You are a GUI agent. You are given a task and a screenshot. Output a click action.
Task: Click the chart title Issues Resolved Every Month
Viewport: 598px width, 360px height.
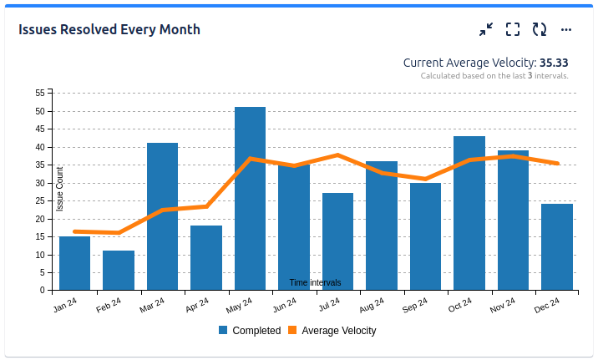109,30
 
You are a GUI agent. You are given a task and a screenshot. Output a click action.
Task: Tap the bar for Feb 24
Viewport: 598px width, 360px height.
119,271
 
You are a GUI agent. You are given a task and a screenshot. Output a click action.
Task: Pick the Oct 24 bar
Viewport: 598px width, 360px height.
469,213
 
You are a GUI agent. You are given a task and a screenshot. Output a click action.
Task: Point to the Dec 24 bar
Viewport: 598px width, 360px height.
557,247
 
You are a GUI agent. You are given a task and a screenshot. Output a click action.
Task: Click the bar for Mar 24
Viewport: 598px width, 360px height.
162,216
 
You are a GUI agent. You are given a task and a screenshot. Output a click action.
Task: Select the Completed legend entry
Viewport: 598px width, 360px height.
250,331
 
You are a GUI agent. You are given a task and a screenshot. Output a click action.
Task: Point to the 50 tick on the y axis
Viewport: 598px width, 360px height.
40,111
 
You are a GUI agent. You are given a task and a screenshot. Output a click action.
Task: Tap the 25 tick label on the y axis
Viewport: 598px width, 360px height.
40,200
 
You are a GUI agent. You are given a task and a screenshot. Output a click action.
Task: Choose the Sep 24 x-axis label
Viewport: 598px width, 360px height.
415,306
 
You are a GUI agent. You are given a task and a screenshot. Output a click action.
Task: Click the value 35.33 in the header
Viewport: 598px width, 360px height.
554,63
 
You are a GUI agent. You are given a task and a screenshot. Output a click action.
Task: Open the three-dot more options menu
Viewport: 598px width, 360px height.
566,30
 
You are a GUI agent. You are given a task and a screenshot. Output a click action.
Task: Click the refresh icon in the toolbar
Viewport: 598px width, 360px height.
540,30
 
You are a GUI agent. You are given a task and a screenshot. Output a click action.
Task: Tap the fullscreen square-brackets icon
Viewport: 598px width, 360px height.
513,30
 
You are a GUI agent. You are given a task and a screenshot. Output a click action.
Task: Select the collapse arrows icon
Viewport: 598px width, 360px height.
486,30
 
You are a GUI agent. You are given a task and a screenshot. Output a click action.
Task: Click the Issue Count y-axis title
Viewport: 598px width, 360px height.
60,188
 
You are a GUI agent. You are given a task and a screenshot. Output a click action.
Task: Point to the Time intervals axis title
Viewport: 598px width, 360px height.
315,282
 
